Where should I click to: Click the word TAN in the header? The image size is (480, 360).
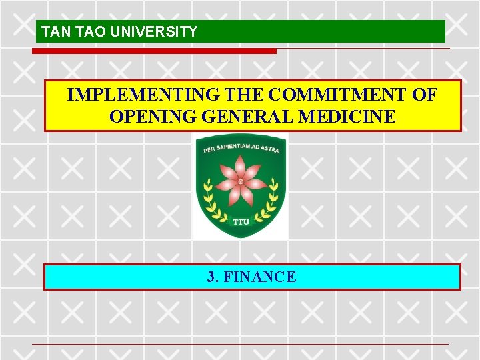click(x=52, y=31)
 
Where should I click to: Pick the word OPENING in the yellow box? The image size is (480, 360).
click(x=148, y=117)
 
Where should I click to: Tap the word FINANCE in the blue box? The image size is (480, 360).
click(x=260, y=277)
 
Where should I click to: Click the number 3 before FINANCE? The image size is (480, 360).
click(x=211, y=277)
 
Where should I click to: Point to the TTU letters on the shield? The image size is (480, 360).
click(x=241, y=221)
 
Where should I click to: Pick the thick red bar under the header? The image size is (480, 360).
click(x=156, y=51)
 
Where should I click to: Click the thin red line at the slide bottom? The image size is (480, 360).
click(x=240, y=344)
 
